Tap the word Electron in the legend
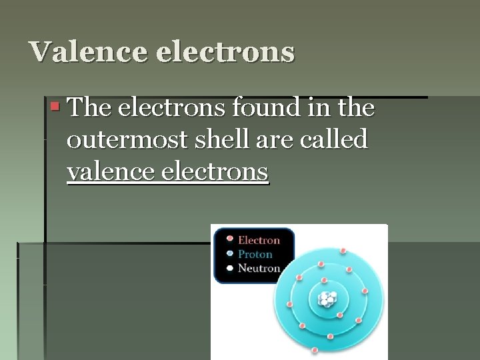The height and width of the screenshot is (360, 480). (x=259, y=240)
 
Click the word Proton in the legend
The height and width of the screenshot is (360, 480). (x=255, y=254)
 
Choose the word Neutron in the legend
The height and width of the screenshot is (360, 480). (x=259, y=268)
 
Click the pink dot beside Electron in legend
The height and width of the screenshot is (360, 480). (x=229, y=239)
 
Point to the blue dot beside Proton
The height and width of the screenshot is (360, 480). (x=229, y=253)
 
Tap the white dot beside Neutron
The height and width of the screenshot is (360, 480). (x=229, y=268)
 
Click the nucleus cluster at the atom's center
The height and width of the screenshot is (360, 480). (x=327, y=299)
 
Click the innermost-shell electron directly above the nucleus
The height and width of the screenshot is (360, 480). (x=324, y=281)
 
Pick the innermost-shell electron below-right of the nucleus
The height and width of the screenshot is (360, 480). (x=339, y=315)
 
